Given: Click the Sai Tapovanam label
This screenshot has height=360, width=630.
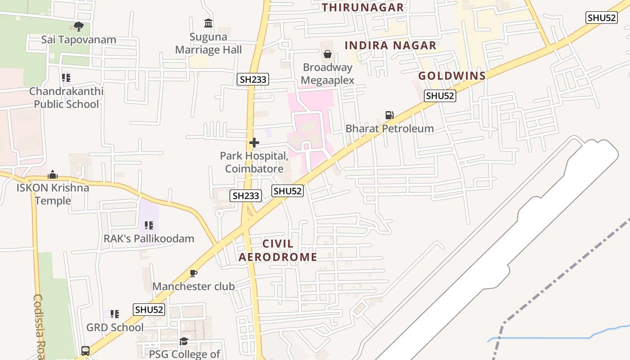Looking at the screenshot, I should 79,40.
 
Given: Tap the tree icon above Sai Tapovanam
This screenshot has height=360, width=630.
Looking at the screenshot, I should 79,27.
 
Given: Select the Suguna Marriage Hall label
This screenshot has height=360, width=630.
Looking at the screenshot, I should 208,44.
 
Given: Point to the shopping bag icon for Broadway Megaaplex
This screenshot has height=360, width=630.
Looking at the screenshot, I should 328,54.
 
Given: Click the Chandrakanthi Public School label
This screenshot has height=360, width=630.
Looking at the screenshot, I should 66,98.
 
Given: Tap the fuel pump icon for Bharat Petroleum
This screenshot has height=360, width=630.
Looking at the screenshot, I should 389,115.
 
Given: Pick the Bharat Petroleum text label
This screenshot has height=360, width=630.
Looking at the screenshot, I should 390,129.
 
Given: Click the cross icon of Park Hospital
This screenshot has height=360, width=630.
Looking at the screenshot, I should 254,143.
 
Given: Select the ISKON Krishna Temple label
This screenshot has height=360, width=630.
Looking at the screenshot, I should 53,194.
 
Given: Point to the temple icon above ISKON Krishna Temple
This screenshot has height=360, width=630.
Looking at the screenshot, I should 53,175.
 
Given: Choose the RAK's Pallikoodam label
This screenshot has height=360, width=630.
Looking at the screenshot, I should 149,238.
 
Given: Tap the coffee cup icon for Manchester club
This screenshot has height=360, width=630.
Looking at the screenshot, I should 193,273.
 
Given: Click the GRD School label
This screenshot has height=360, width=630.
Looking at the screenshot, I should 115,327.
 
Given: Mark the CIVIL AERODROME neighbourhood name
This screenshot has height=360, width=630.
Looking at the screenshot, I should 278,250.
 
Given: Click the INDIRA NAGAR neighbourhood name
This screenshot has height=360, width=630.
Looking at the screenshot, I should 391,45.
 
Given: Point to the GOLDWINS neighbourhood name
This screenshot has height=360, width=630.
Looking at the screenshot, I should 452,76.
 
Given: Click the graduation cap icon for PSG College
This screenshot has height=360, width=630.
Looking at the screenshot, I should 184,342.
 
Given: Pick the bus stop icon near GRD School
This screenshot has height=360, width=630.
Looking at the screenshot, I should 85,351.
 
